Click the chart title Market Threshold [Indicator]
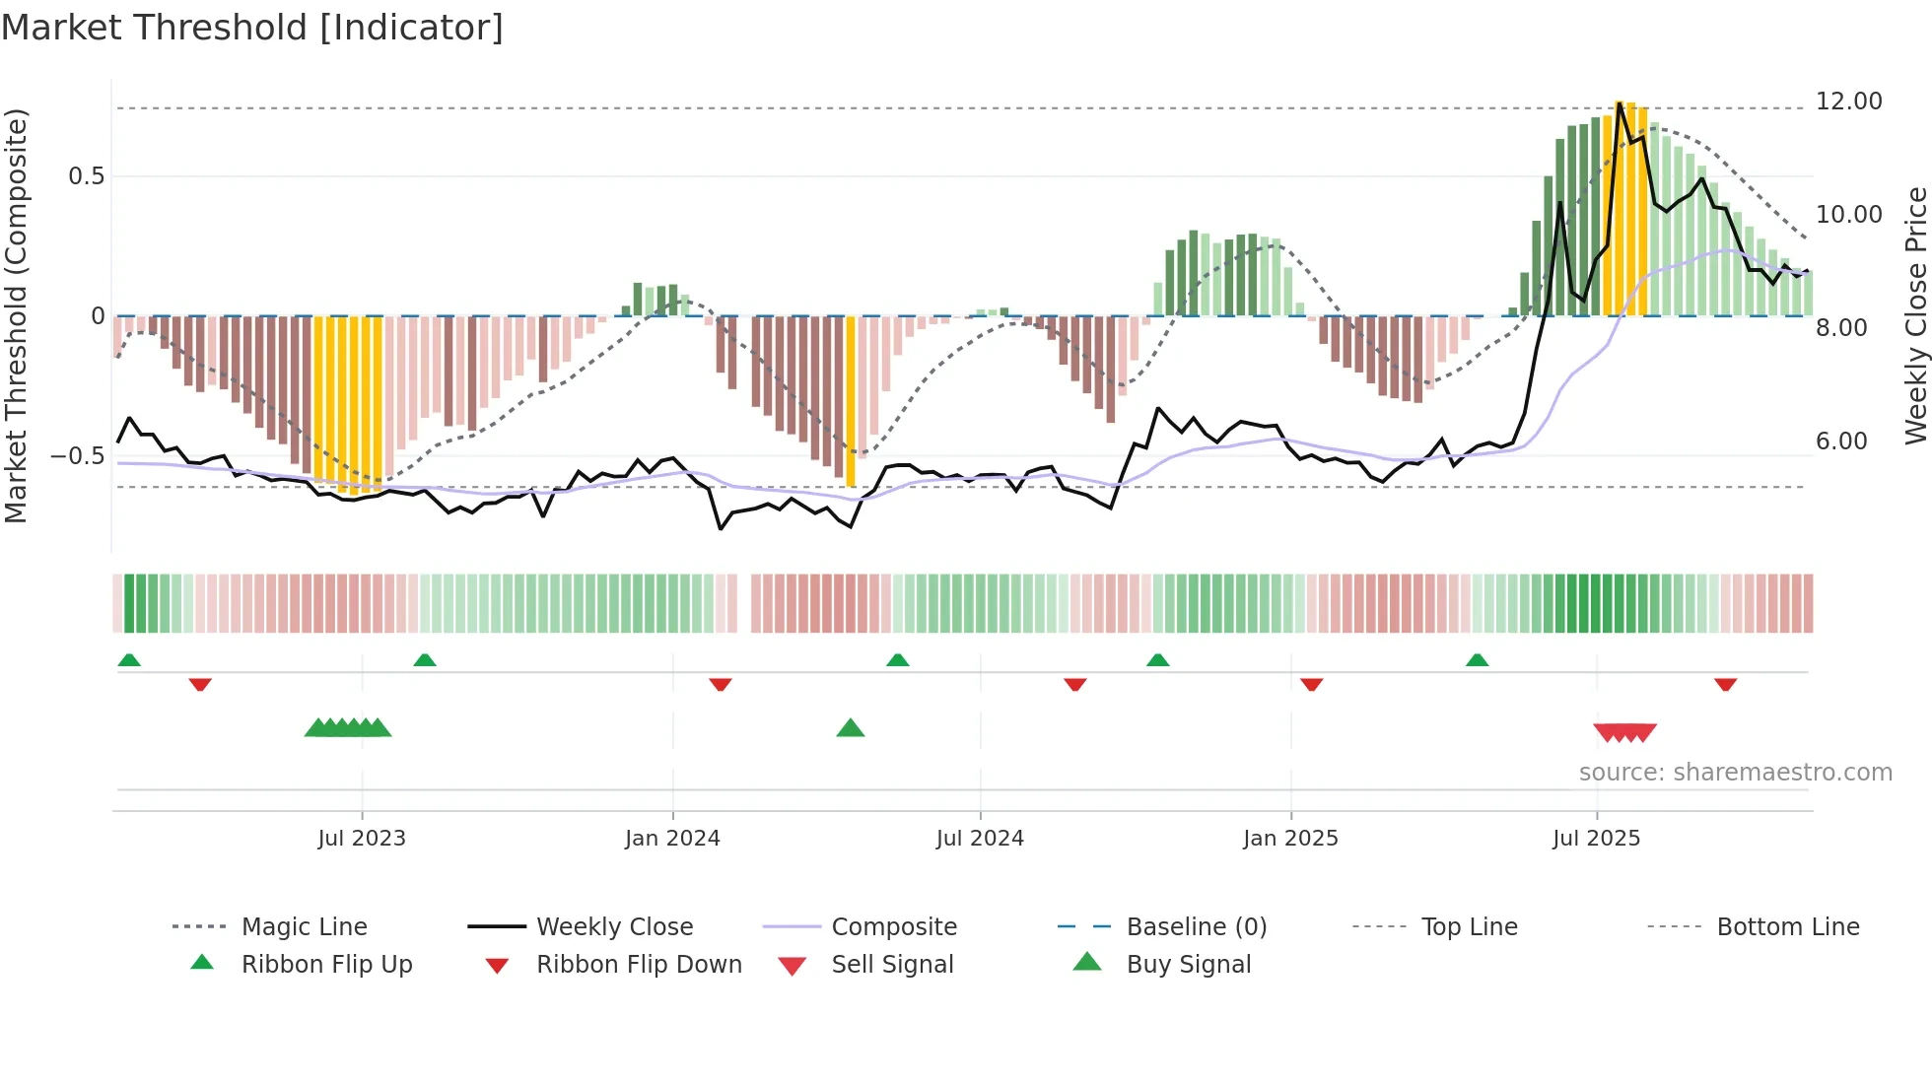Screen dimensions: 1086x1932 click(x=252, y=28)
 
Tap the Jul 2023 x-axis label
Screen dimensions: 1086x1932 click(x=362, y=839)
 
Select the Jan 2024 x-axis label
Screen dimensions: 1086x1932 click(x=672, y=839)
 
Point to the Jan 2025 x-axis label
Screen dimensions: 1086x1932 click(x=1290, y=839)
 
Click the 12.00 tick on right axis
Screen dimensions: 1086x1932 click(x=1848, y=102)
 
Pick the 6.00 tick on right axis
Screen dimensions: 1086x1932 click(x=1841, y=441)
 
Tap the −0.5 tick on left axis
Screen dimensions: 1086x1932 click(x=77, y=456)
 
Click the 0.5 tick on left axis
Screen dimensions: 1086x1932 click(x=86, y=176)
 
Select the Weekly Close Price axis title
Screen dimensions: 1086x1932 click(x=1915, y=315)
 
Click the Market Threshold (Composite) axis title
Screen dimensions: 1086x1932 click(x=16, y=315)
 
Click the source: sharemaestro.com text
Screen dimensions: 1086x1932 click(x=1735, y=773)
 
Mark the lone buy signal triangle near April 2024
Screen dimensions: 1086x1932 click(x=850, y=728)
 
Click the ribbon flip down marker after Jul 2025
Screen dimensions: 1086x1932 click(x=1725, y=684)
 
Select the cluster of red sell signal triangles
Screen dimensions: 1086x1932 click(x=1624, y=732)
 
